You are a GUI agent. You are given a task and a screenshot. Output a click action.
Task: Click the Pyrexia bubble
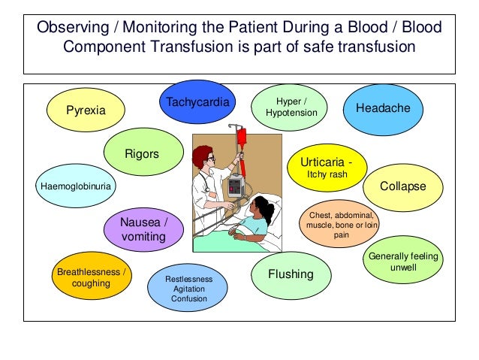pos(86,110)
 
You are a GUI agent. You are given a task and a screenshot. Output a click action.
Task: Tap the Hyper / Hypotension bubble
pos(291,107)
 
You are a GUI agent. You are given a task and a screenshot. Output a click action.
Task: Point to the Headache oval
pos(383,108)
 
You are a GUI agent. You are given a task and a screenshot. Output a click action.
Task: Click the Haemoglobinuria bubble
pos(74,185)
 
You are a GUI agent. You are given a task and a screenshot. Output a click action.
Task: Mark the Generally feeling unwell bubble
pos(403,262)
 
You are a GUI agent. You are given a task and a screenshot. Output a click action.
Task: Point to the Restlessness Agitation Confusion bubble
pos(188,289)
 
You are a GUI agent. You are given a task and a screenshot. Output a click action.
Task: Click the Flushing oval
pos(290,274)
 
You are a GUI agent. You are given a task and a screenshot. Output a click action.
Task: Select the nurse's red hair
pos(203,155)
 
